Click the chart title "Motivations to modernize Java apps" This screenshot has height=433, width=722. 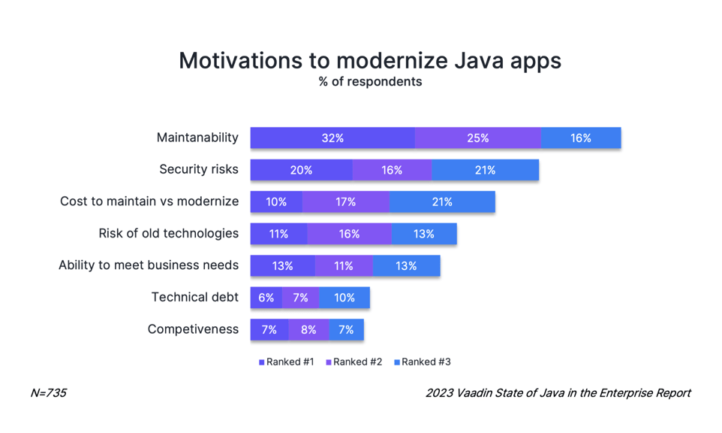(x=369, y=60)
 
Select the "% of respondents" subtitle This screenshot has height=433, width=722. (x=369, y=82)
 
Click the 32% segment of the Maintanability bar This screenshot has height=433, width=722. (x=332, y=138)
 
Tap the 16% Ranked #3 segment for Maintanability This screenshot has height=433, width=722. (x=581, y=138)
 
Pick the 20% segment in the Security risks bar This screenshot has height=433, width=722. (x=301, y=170)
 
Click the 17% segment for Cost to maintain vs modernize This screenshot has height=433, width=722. (x=346, y=201)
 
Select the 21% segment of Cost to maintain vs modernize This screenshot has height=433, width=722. (x=442, y=201)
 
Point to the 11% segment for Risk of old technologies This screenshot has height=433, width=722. (x=278, y=234)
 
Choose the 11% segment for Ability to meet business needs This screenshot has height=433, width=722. (x=344, y=265)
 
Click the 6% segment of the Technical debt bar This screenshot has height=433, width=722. (x=266, y=298)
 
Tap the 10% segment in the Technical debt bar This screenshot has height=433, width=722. (x=344, y=298)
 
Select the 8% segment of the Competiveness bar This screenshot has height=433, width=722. (x=308, y=329)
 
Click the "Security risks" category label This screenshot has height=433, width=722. (x=198, y=169)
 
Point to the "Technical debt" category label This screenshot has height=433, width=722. (x=194, y=297)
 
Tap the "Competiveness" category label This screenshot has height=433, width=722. (x=193, y=329)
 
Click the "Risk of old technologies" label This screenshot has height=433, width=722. (x=168, y=233)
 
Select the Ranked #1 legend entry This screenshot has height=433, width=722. (x=287, y=362)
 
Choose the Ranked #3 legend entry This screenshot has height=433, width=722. (x=423, y=362)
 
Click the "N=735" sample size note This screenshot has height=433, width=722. (x=48, y=393)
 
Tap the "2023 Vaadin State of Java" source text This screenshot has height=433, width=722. (x=558, y=393)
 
